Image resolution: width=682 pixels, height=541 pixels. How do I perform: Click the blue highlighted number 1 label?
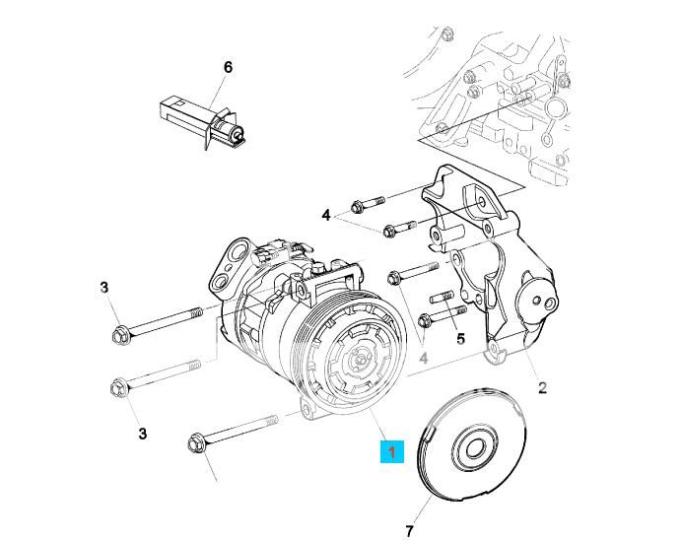392,451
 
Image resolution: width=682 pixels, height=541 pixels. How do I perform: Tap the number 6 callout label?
228,67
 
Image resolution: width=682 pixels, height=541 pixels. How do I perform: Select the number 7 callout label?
409,531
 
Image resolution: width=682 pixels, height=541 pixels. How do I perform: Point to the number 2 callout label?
542,387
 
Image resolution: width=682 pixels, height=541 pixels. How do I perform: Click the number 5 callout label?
459,340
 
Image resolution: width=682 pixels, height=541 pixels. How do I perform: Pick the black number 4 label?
326,215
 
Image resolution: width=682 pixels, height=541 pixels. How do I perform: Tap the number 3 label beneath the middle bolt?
143,433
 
